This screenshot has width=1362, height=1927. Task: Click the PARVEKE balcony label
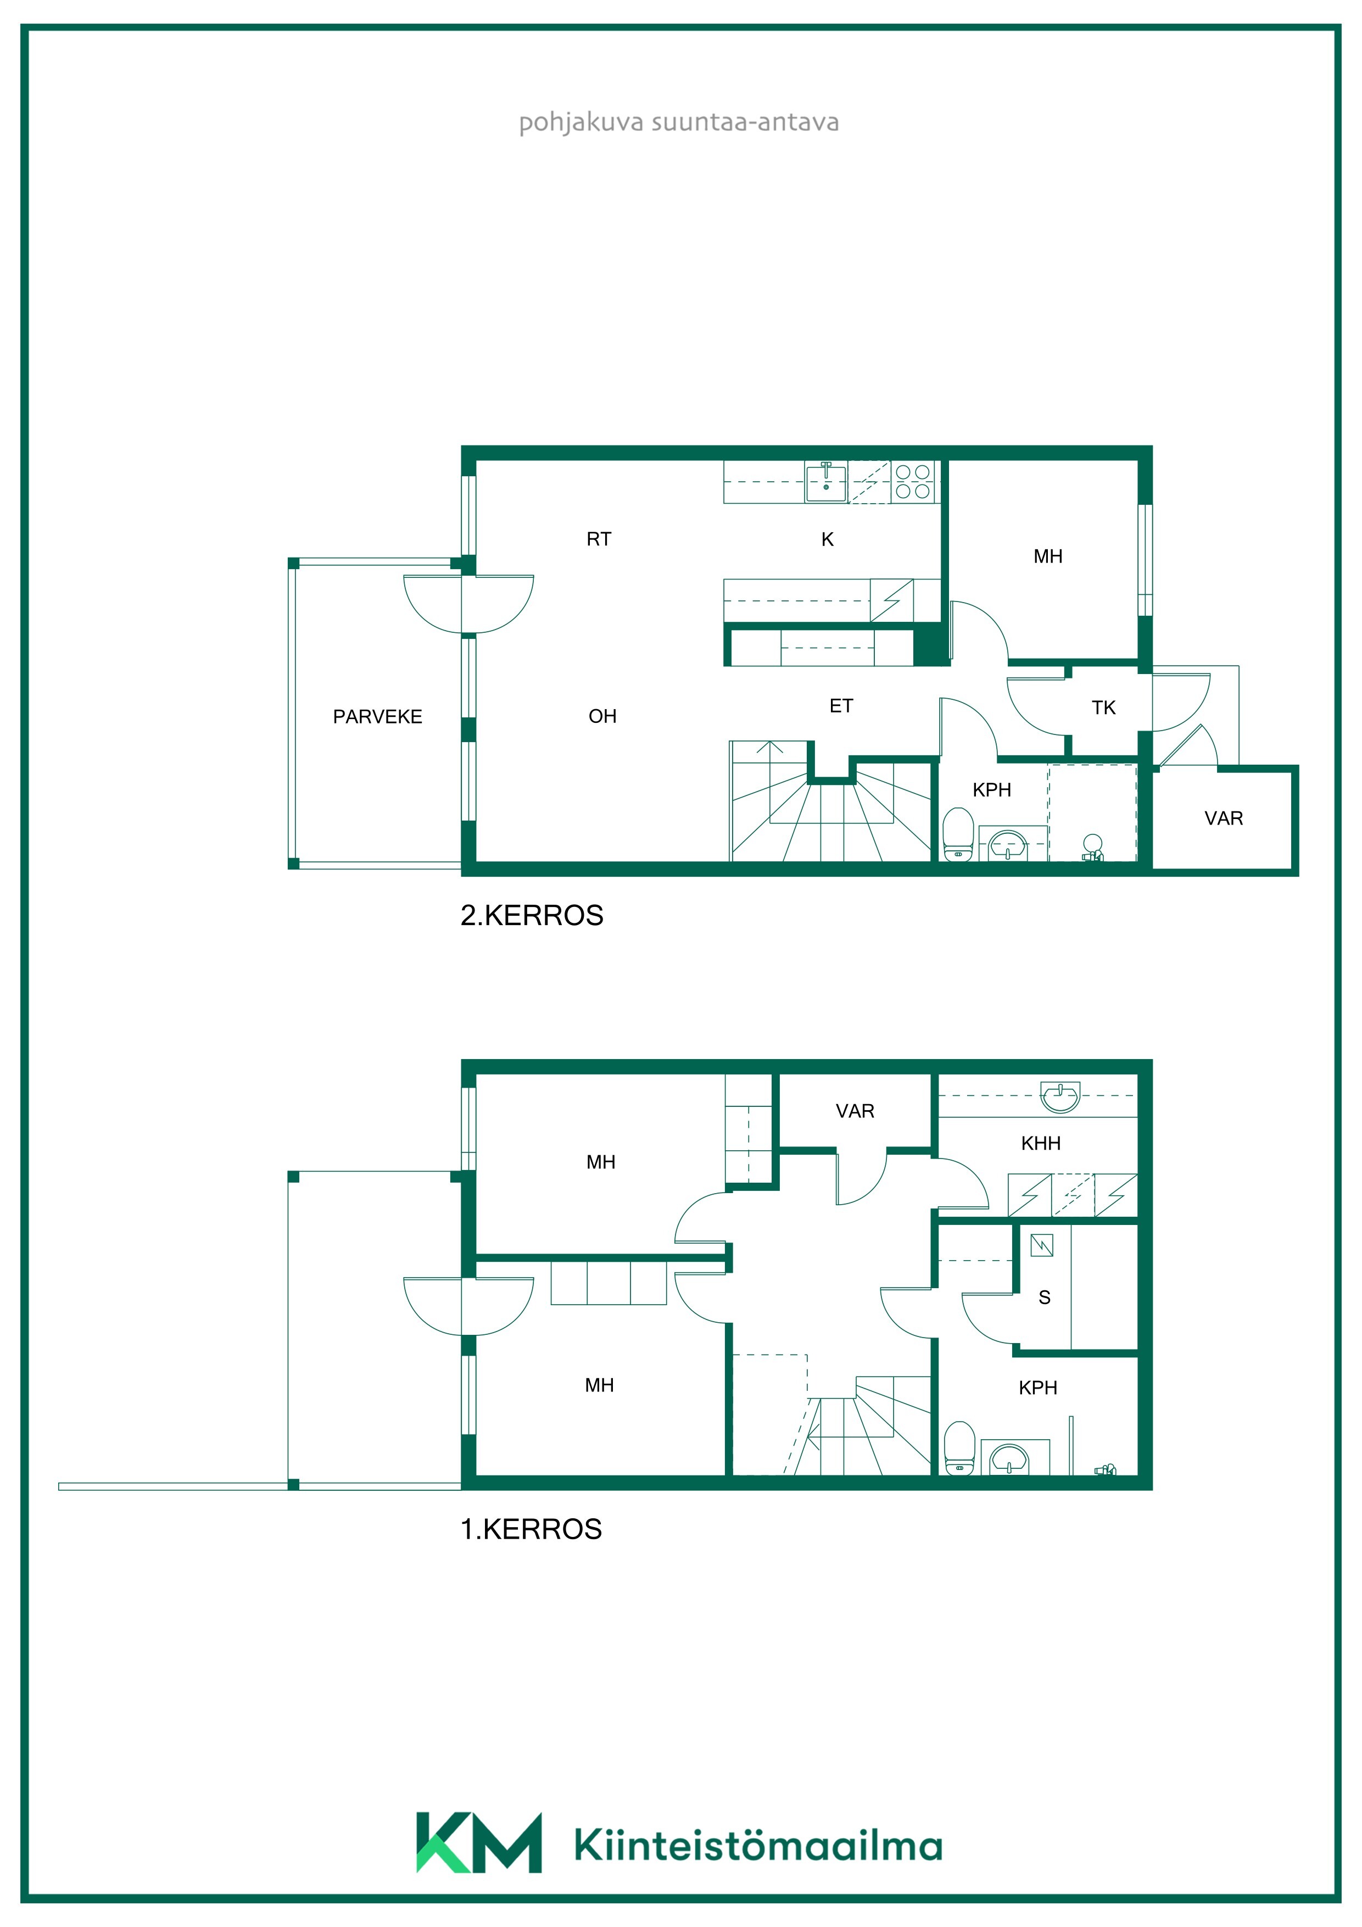(x=378, y=717)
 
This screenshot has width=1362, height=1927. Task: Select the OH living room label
(x=602, y=716)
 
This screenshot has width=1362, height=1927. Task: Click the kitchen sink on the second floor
(x=827, y=482)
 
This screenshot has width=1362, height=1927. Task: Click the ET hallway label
(x=841, y=706)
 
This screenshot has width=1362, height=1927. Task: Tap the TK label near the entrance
(x=1103, y=708)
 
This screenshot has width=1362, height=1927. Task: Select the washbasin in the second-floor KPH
(x=1007, y=845)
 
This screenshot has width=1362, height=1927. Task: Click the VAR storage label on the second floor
(x=1224, y=818)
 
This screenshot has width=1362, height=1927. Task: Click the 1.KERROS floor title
(x=531, y=1529)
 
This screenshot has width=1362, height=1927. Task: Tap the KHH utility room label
(x=1041, y=1143)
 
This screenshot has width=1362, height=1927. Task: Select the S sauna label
(x=1045, y=1297)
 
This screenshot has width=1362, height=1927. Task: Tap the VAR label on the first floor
(x=855, y=1111)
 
